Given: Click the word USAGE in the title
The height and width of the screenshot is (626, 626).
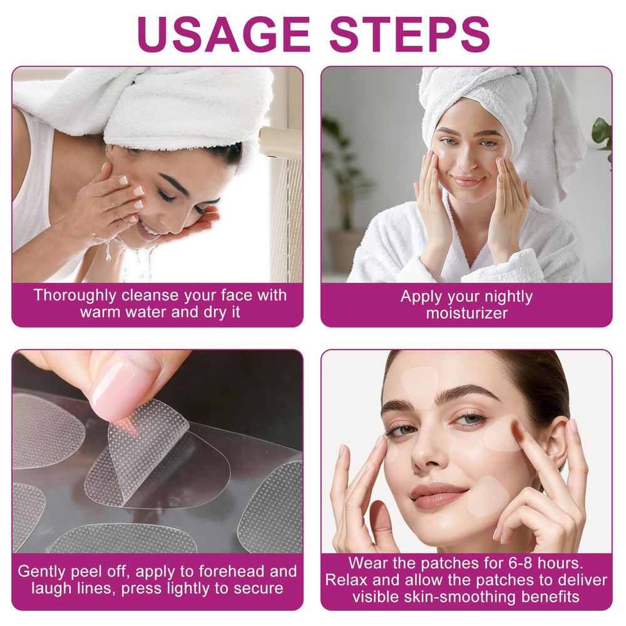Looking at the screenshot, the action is click(x=223, y=34).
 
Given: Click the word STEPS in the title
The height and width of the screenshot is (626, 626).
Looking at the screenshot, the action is click(x=409, y=34).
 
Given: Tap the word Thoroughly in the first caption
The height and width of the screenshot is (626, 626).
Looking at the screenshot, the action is click(x=74, y=296).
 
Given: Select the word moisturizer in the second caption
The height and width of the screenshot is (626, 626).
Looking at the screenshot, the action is click(x=466, y=313).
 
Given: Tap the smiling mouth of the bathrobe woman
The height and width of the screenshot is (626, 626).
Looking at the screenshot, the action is click(x=468, y=181).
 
